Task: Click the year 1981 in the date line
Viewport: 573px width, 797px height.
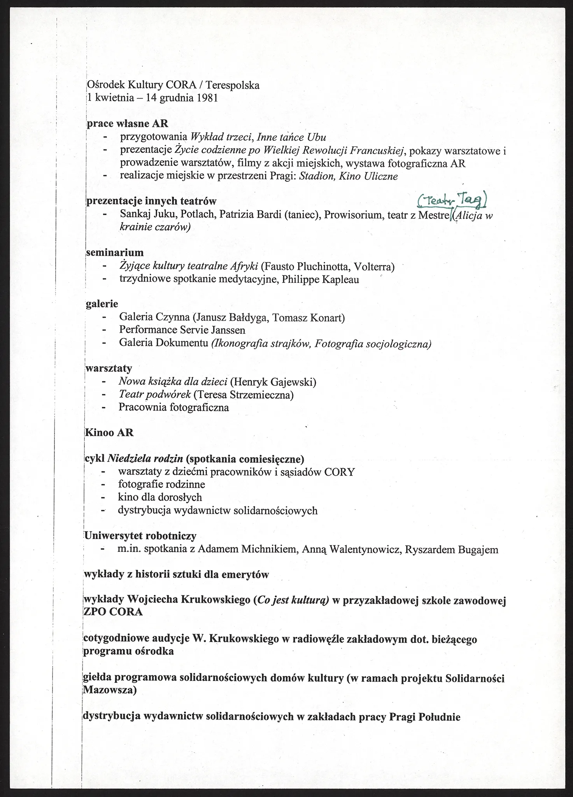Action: pyautogui.click(x=207, y=97)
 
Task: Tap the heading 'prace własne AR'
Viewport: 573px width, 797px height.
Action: pyautogui.click(x=127, y=124)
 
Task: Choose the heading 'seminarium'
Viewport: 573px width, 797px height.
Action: pyautogui.click(x=115, y=253)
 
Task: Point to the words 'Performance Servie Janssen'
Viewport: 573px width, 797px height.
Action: pyautogui.click(x=182, y=330)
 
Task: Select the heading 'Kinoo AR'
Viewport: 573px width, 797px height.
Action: pyautogui.click(x=109, y=433)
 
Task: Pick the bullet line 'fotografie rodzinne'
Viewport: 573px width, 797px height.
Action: pyautogui.click(x=161, y=484)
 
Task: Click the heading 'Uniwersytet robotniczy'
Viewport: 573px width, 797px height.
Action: pyautogui.click(x=140, y=536)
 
